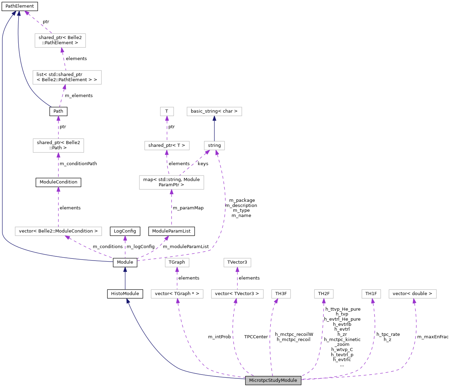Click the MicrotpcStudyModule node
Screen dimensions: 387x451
point(273,380)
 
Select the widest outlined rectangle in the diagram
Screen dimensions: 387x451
point(58,231)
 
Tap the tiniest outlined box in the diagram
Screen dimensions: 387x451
point(167,111)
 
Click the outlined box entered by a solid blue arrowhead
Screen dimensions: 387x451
point(214,111)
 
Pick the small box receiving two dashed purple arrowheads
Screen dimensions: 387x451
point(214,145)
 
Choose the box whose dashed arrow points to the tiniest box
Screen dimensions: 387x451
point(167,145)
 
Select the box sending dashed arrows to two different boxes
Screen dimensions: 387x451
point(171,182)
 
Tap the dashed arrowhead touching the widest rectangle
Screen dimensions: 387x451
point(68,237)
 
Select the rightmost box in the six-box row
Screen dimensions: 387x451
point(412,294)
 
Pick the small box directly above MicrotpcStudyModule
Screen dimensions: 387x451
point(281,294)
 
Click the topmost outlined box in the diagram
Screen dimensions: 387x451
point(60,40)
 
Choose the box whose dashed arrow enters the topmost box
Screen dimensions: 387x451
point(67,77)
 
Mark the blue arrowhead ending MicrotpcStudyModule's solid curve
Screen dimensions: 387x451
point(128,301)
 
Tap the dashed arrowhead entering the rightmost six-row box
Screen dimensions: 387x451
point(414,301)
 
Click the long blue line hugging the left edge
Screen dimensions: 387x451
point(2,138)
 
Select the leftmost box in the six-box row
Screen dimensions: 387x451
point(177,294)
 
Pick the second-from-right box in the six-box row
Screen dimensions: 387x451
point(371,294)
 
